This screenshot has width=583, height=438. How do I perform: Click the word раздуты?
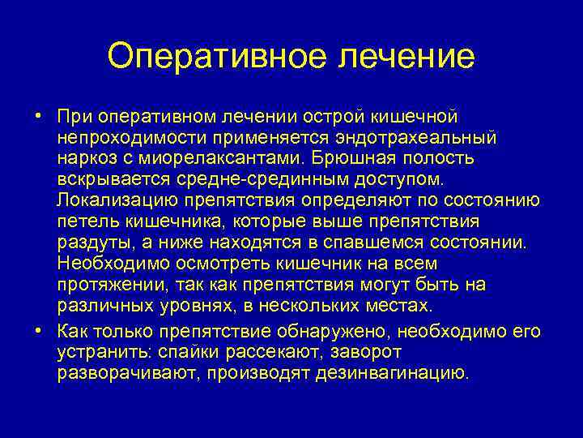pos(88,243)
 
